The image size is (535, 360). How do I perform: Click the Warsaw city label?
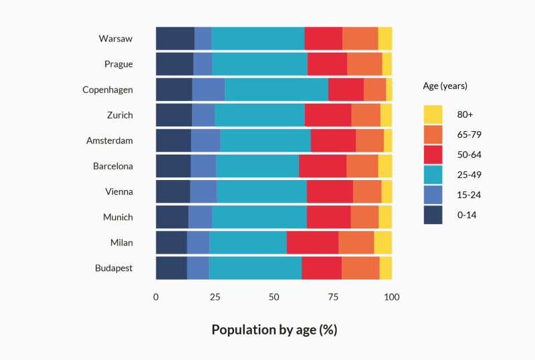(x=116, y=39)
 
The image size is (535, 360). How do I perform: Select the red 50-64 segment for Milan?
(x=312, y=242)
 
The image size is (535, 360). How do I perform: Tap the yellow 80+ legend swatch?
(x=433, y=114)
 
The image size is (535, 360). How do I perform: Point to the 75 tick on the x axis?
(x=333, y=296)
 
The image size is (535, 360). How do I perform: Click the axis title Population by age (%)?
(x=274, y=330)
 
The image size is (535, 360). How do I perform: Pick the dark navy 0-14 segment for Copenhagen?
(x=174, y=90)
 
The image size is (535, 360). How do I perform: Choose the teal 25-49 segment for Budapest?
(x=255, y=268)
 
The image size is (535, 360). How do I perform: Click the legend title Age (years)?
(x=445, y=86)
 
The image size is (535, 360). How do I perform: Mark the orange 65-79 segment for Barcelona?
(x=362, y=166)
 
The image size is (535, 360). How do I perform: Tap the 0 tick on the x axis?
(x=156, y=296)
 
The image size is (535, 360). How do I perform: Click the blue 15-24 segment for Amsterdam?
(x=205, y=141)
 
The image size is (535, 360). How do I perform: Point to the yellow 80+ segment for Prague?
(x=387, y=64)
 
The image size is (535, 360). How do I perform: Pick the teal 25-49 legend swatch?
(x=433, y=175)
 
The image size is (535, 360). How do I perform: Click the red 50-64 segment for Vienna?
(x=330, y=191)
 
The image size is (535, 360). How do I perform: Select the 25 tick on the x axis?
(x=215, y=296)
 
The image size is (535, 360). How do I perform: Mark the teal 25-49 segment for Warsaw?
(x=257, y=39)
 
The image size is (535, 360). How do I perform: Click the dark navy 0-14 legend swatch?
(x=433, y=215)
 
